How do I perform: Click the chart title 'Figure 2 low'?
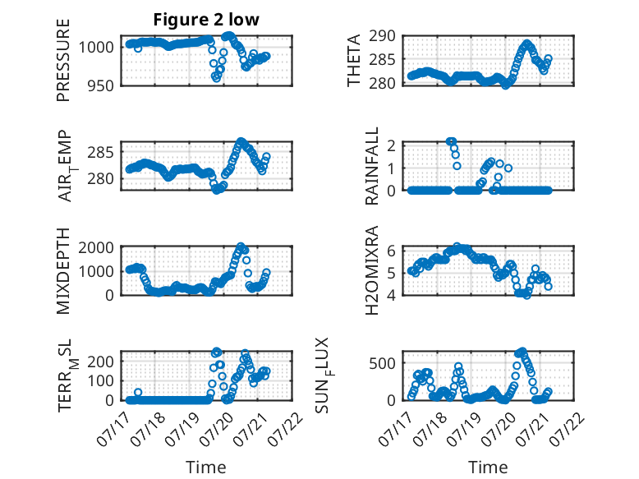[x=206, y=20]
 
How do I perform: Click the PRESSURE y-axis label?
[x=63, y=60]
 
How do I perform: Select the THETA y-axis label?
[x=354, y=60]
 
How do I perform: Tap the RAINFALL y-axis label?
[x=372, y=166]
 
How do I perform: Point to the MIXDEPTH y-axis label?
[x=63, y=271]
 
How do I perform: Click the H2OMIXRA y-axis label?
[x=372, y=270]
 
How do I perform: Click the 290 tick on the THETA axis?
[x=382, y=36]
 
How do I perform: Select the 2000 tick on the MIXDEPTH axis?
[x=96, y=247]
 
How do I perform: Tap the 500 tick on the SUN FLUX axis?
[x=382, y=363]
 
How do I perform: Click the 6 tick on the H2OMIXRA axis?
[x=392, y=251]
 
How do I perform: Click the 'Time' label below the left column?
[x=206, y=467]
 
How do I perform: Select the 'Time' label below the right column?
[x=488, y=467]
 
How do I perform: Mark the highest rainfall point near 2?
[x=450, y=141]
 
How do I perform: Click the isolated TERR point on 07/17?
[x=138, y=392]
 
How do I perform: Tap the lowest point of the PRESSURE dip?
[x=216, y=78]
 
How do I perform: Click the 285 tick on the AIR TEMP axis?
[x=101, y=153]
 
